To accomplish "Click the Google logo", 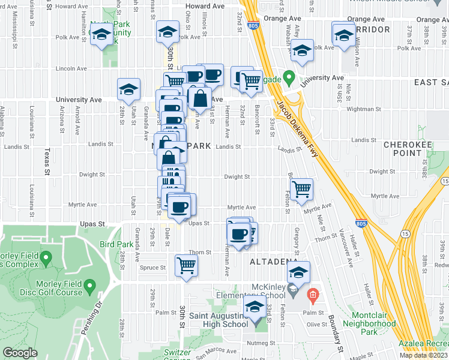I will [20, 353].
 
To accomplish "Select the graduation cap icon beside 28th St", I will [128, 89].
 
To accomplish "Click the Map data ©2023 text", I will [423, 355].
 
